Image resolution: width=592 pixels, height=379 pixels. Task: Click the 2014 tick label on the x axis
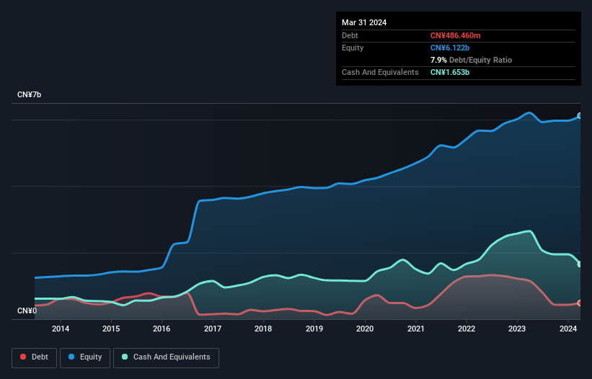click(x=61, y=329)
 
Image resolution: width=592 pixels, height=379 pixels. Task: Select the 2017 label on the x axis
click(x=213, y=329)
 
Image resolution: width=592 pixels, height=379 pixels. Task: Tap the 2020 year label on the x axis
click(x=365, y=329)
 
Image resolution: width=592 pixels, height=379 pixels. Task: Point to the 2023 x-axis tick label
click(x=517, y=329)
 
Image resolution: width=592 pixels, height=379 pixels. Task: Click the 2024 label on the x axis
click(x=568, y=329)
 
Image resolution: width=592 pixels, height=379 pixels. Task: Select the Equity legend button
click(x=84, y=357)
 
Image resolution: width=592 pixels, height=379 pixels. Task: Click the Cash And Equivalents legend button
click(x=166, y=357)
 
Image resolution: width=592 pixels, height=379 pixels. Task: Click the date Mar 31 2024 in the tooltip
click(x=364, y=22)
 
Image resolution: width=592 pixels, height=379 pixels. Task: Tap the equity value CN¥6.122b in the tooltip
click(x=451, y=48)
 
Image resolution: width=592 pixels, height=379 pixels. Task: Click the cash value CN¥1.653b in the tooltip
click(x=451, y=73)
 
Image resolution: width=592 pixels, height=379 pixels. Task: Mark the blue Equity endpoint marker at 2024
click(x=579, y=115)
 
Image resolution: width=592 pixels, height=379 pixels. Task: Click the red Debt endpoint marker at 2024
click(x=579, y=303)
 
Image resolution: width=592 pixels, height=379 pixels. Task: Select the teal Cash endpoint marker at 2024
click(x=579, y=264)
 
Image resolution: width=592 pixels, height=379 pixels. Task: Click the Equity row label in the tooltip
click(x=353, y=48)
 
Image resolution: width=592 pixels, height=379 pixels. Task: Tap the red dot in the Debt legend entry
click(x=24, y=357)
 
